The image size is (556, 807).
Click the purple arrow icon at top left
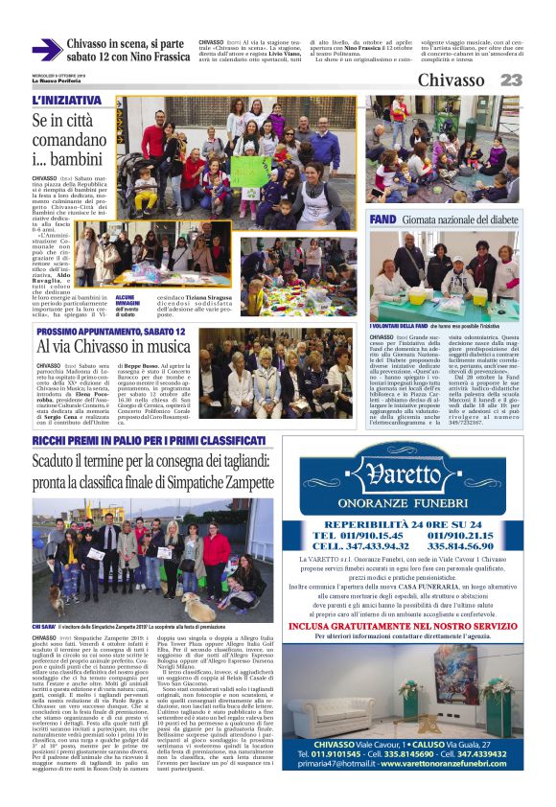(x=47, y=50)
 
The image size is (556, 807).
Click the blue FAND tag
(x=382, y=219)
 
